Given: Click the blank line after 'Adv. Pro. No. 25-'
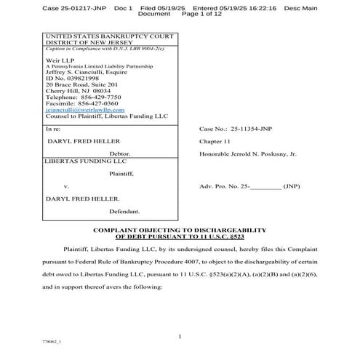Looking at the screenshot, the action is (264, 186).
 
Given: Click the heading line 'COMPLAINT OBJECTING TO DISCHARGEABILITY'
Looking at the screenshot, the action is (181, 229).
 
